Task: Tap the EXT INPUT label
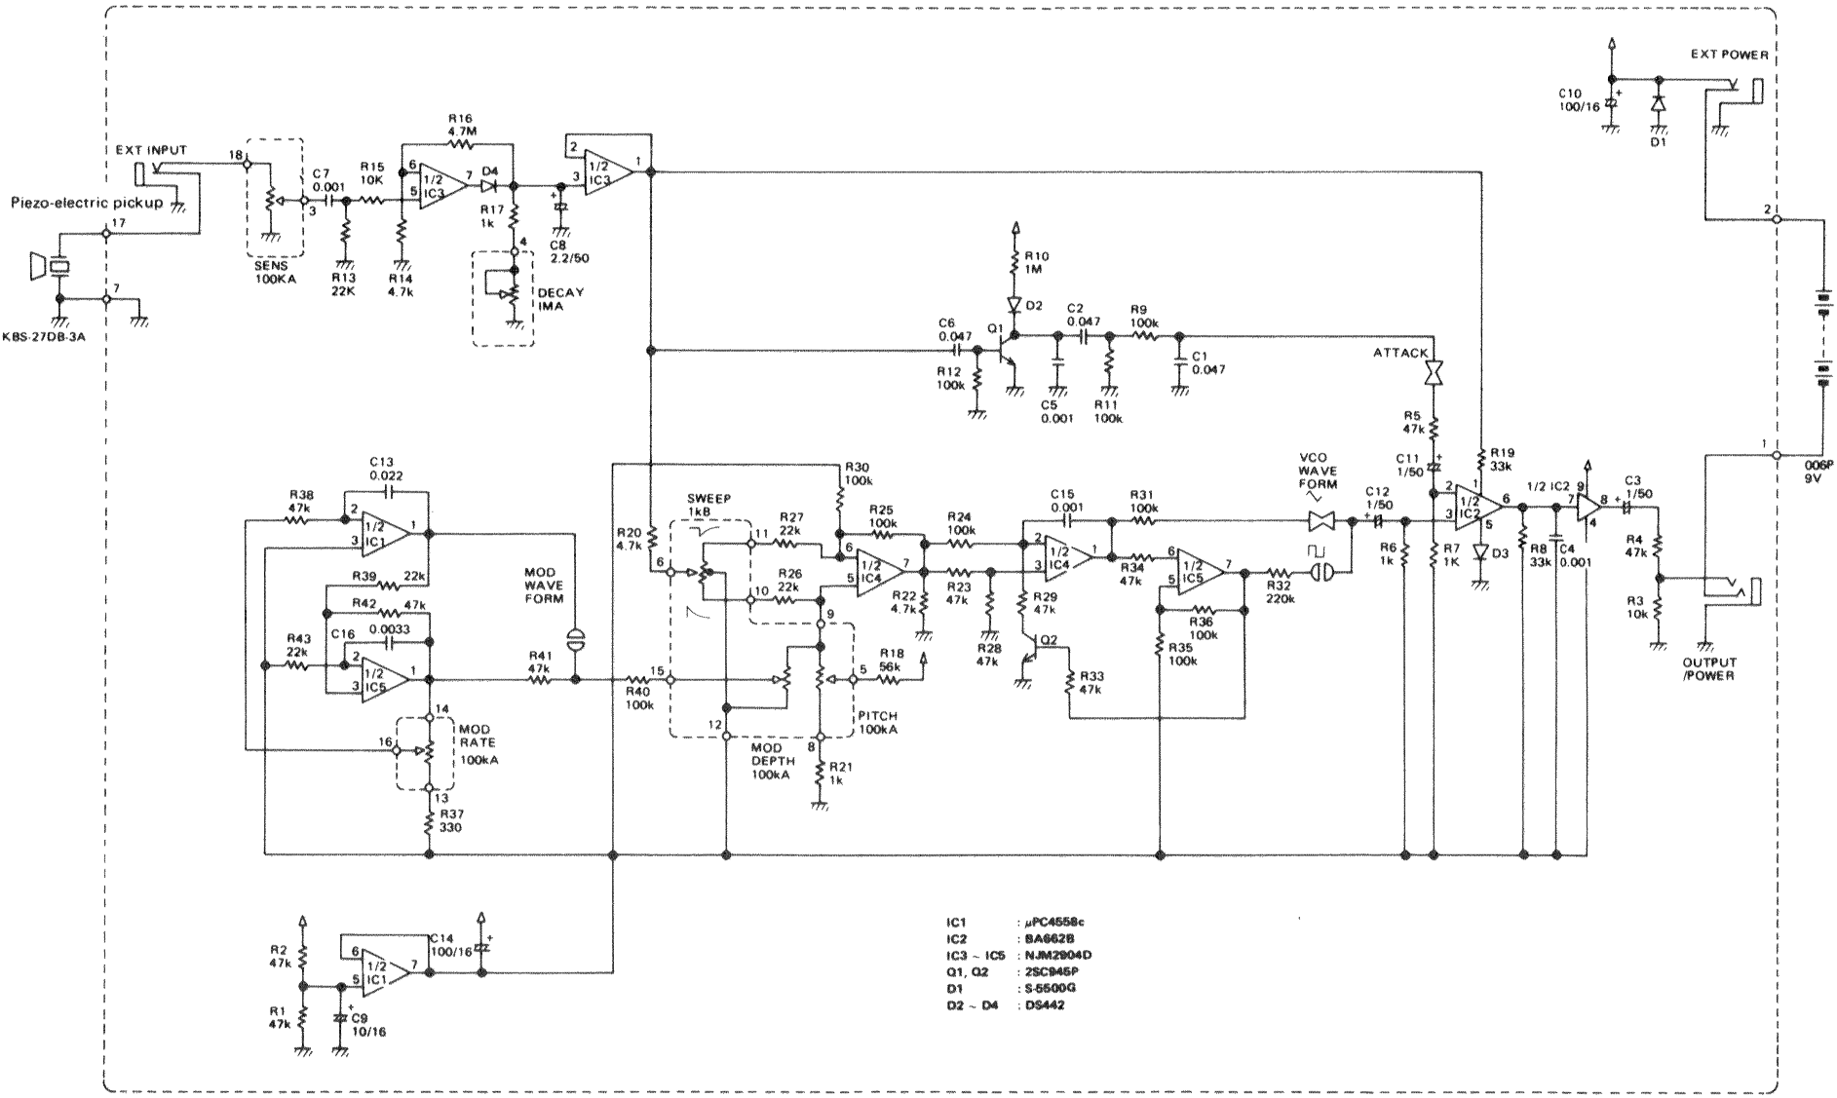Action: (150, 150)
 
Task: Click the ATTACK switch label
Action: (1401, 354)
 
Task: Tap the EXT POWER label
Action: (1729, 55)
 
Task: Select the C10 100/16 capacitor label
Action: (1579, 99)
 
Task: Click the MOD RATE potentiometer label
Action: (478, 742)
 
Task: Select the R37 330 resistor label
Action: (449, 820)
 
